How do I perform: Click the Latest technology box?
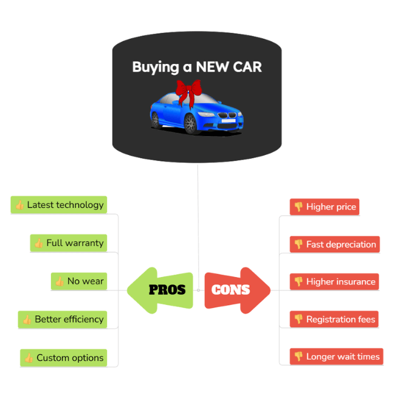[x=59, y=205]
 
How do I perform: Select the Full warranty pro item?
[x=69, y=243]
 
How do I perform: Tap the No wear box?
[x=79, y=281]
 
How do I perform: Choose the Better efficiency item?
[x=63, y=319]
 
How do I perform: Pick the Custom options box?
[x=64, y=358]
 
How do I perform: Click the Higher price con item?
[x=325, y=207]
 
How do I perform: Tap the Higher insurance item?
[x=334, y=282]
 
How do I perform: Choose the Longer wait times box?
[x=336, y=357]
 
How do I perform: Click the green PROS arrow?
[x=159, y=290]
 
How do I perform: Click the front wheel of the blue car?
[x=191, y=123]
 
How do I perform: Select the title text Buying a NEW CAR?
[x=197, y=67]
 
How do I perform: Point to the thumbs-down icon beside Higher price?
[x=298, y=207]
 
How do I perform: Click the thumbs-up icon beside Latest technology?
[x=19, y=205]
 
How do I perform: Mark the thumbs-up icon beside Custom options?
[x=29, y=358]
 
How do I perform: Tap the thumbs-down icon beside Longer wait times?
[x=298, y=357]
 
